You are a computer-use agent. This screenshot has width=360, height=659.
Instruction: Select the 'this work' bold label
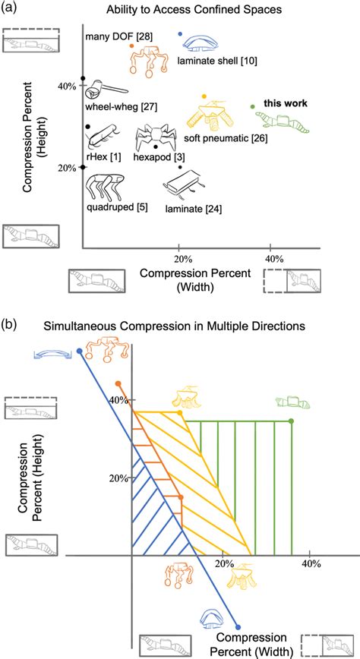pos(286,102)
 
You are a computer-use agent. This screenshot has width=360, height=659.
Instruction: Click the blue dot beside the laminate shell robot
pos(178,34)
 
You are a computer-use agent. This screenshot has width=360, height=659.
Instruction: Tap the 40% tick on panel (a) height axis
pos(67,87)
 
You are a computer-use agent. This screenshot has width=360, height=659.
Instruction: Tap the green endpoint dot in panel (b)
pos(292,421)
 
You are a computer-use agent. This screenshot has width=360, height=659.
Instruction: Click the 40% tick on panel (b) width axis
pos(309,564)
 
